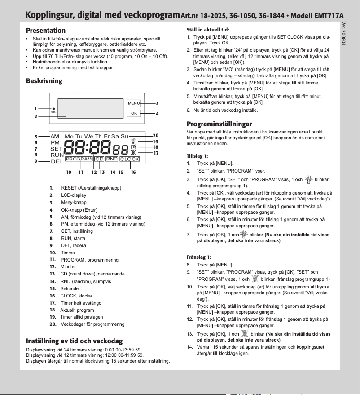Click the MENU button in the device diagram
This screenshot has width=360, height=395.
[134, 103]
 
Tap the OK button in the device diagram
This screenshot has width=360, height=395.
[134, 113]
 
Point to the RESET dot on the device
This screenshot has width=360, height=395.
[53, 109]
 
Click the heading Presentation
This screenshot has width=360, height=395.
[46, 31]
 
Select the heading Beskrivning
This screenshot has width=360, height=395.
[44, 81]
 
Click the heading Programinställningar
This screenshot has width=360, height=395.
[219, 124]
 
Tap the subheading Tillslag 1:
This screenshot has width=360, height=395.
[198, 156]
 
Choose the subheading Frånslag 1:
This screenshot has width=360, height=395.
[198, 257]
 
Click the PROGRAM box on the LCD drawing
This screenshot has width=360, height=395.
[79, 159]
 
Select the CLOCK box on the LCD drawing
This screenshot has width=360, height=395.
[130, 159]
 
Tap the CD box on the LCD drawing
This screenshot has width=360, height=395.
[99, 159]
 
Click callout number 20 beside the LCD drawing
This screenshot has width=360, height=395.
[155, 135]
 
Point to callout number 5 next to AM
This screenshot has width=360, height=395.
[35, 136]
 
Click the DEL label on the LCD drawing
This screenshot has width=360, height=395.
[57, 161]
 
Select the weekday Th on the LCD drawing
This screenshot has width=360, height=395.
[98, 136]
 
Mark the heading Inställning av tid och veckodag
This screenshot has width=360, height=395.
[74, 341]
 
